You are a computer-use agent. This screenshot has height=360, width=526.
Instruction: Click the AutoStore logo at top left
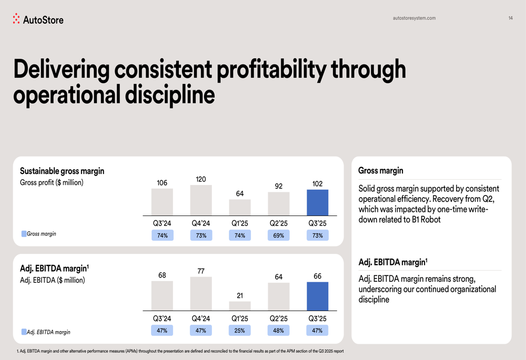[38, 19]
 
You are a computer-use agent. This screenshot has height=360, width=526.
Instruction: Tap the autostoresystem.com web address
[414, 18]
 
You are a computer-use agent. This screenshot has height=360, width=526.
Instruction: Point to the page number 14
[510, 18]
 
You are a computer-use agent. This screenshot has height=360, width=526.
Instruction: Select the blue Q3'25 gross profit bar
[317, 203]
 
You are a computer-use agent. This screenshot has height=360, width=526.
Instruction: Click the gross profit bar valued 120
[201, 200]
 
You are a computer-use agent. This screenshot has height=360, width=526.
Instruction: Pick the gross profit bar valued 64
[240, 208]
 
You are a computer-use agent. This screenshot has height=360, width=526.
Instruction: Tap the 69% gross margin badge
[279, 235]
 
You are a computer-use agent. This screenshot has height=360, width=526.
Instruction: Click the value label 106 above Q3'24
[162, 183]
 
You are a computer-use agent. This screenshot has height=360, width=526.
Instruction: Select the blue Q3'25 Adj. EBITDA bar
[317, 296]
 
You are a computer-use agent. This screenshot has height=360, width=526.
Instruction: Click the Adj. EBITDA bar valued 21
[240, 306]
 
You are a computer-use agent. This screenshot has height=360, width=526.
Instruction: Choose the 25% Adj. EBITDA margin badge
[240, 331]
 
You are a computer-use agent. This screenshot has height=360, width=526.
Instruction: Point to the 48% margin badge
[279, 331]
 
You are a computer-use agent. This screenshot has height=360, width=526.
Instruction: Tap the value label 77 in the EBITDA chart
[201, 271]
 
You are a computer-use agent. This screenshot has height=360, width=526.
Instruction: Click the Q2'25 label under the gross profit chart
[279, 223]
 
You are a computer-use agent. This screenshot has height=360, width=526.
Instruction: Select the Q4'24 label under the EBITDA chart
[201, 318]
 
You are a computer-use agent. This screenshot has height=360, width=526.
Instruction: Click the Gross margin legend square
[24, 234]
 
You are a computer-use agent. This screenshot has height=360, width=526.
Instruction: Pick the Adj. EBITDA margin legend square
[24, 332]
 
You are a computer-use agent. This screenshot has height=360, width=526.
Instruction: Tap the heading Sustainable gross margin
[62, 171]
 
